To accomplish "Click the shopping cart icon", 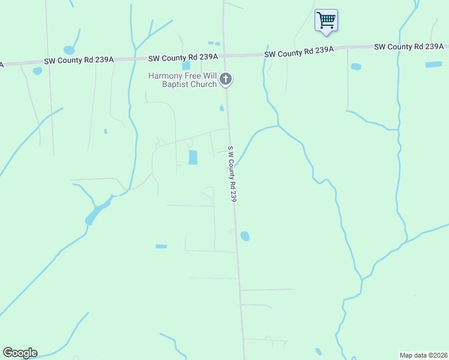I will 326,20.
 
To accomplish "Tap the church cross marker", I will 226,79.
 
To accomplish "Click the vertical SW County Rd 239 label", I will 232,173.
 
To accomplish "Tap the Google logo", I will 20,353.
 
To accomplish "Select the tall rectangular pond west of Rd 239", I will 193,157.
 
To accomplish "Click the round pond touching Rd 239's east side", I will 245,236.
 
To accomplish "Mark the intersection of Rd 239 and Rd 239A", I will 225,55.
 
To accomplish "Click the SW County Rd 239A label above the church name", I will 183,57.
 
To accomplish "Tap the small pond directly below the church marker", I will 221,109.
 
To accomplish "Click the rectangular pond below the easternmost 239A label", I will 433,64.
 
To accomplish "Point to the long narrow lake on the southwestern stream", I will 98,209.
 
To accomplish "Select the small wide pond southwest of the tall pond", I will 161,247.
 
